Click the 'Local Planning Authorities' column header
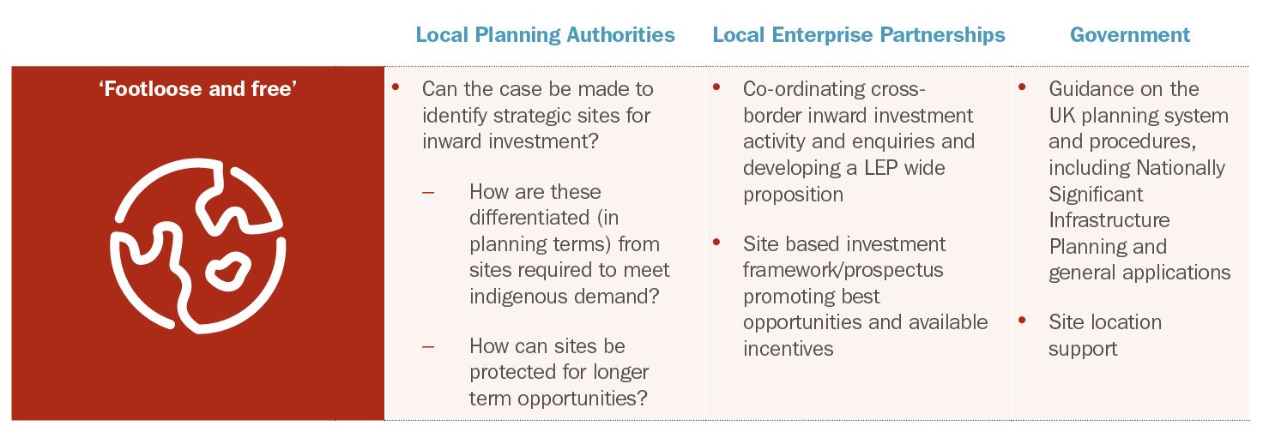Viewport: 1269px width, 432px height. [x=545, y=35]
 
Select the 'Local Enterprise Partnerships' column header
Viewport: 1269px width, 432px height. [x=859, y=35]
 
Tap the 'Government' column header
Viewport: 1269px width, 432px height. [x=1130, y=35]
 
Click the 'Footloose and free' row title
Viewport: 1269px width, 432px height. [x=197, y=89]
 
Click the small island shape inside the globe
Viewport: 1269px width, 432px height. [x=227, y=273]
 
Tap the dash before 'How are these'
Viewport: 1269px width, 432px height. [x=428, y=193]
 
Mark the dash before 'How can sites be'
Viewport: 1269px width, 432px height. [x=428, y=346]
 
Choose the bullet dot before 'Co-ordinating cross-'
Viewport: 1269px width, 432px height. [x=716, y=87]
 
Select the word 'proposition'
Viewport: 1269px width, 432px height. [x=793, y=195]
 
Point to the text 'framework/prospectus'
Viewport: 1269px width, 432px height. [x=843, y=270]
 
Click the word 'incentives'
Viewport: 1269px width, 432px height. [x=788, y=349]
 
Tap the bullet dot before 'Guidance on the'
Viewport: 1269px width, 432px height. [x=1022, y=87]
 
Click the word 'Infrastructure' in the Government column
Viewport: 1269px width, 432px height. [x=1109, y=220]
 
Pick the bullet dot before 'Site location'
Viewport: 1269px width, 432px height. [x=1022, y=321]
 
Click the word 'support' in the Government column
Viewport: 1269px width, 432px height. [x=1083, y=350]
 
